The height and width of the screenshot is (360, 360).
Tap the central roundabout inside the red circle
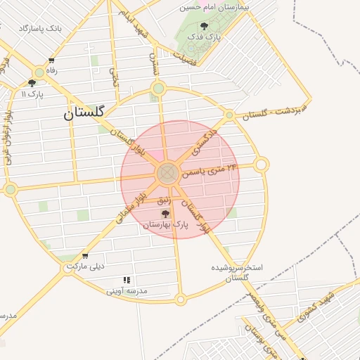click(x=167, y=172)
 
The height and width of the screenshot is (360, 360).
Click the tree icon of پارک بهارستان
click(x=166, y=214)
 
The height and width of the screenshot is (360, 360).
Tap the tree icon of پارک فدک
click(x=205, y=26)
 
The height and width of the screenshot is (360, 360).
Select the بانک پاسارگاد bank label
click(x=40, y=29)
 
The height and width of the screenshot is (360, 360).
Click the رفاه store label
click(x=51, y=70)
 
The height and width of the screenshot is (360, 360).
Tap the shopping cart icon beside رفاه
click(x=51, y=60)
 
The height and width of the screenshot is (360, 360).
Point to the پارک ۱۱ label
click(x=32, y=94)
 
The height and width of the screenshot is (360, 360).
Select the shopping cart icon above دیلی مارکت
click(x=85, y=256)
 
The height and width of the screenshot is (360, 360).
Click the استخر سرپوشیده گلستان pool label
click(x=237, y=273)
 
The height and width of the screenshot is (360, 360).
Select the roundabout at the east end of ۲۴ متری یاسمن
click(x=261, y=165)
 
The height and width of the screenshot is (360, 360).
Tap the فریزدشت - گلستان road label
click(x=274, y=112)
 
